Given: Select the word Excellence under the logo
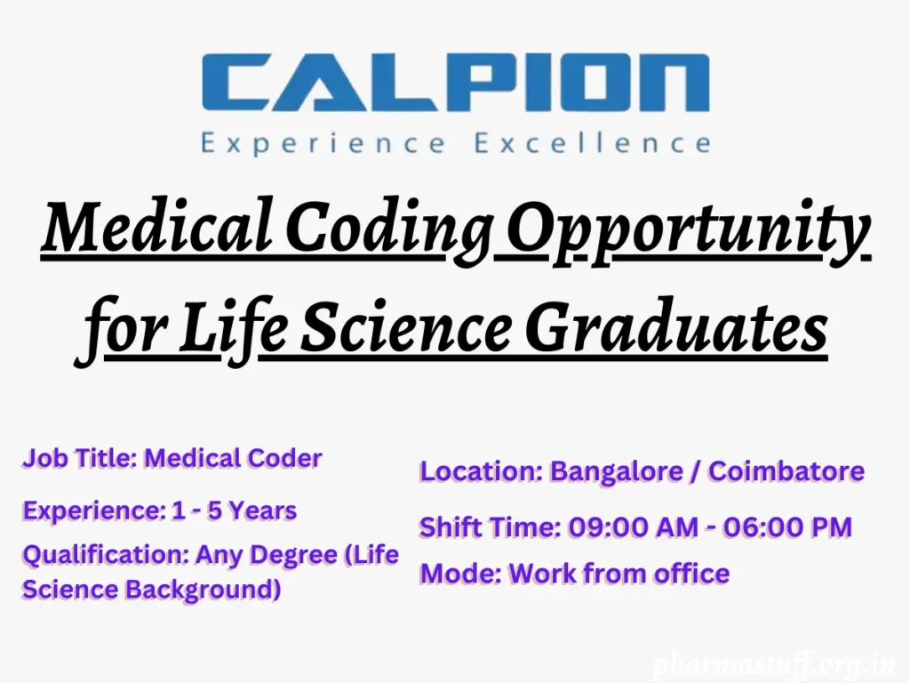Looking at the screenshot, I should [593, 143].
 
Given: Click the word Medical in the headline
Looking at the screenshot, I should [156, 229].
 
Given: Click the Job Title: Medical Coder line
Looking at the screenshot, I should [172, 459].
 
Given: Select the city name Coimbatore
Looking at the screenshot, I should [786, 471].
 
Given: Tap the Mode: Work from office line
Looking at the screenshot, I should [574, 574].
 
